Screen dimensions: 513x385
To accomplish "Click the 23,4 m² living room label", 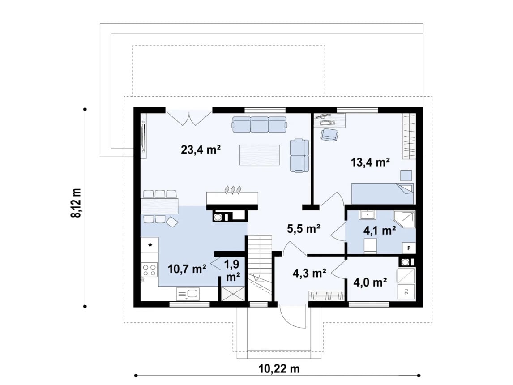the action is (x=201, y=150).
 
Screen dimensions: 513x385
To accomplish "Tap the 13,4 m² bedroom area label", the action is (x=370, y=162).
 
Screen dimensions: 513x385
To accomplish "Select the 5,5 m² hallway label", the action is (x=304, y=229).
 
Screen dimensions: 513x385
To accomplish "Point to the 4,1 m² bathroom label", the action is (x=380, y=231).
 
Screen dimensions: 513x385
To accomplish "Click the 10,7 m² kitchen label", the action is (x=187, y=269).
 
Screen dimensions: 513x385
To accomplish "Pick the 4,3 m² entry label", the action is (x=309, y=273).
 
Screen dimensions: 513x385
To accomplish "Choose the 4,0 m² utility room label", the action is (x=370, y=282).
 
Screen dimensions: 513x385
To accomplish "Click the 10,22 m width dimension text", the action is (x=279, y=369).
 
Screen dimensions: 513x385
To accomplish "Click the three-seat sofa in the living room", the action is (x=260, y=124).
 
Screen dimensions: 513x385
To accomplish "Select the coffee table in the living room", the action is (x=260, y=155).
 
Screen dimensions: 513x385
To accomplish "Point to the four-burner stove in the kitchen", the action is (x=149, y=270).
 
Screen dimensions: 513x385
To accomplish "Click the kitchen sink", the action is (x=188, y=294).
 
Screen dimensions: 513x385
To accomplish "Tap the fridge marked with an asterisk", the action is (x=150, y=245).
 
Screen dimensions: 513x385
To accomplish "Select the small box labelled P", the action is (x=409, y=248).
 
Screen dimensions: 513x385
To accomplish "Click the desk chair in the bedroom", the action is (x=329, y=134).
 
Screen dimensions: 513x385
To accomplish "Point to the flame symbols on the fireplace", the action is (x=233, y=189).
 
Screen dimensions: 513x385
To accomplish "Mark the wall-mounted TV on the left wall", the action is (x=143, y=137).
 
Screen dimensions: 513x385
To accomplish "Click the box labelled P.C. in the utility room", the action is (x=406, y=291).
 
